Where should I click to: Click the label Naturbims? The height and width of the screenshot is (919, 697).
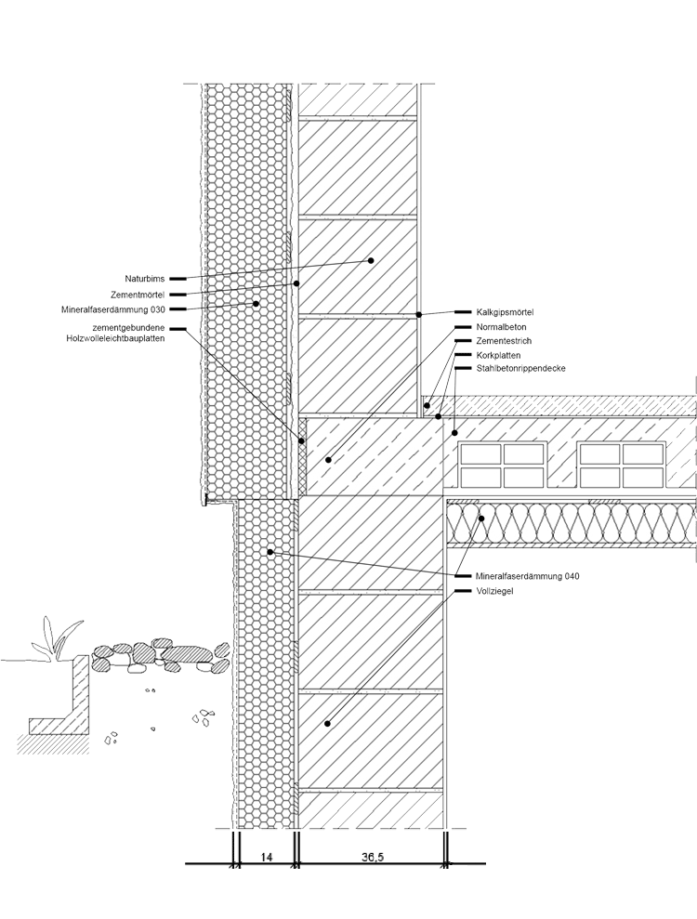click(x=146, y=279)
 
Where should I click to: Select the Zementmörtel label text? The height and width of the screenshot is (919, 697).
click(x=138, y=294)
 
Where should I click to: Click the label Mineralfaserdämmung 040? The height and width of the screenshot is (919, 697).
click(x=527, y=576)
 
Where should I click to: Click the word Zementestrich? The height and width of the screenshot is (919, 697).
click(x=503, y=341)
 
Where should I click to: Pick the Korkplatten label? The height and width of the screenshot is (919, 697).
click(x=498, y=355)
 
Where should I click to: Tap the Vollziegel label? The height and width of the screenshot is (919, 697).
click(x=493, y=590)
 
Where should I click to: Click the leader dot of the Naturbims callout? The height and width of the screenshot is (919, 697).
click(x=370, y=261)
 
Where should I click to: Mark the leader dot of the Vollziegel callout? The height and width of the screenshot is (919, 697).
click(x=328, y=722)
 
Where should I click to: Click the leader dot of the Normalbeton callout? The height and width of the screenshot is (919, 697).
click(x=328, y=459)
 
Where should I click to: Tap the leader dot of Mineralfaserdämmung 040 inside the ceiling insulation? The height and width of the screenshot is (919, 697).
click(x=481, y=518)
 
